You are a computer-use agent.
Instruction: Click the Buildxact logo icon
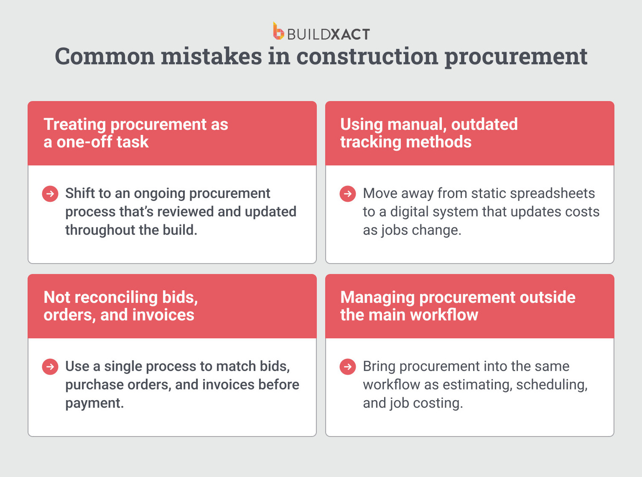(x=278, y=32)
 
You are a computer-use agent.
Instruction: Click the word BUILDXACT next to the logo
(x=328, y=34)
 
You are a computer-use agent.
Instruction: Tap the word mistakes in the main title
(x=211, y=57)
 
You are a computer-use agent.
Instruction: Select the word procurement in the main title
(x=516, y=57)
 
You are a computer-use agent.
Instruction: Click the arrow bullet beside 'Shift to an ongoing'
(x=50, y=194)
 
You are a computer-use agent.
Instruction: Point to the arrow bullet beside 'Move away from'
(x=347, y=194)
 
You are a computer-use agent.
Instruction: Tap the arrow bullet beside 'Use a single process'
(x=50, y=367)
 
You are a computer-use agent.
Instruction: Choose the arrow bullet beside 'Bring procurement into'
(x=347, y=367)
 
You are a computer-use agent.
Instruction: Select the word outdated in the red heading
(x=484, y=125)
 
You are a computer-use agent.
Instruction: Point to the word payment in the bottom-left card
(x=94, y=404)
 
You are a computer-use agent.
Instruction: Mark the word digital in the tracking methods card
(x=409, y=212)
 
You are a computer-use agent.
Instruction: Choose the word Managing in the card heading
(x=377, y=298)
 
